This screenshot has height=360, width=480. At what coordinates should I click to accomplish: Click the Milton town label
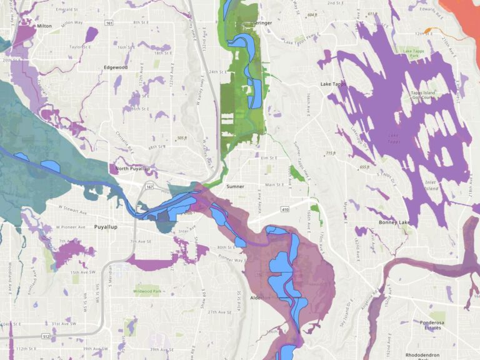click(44, 26)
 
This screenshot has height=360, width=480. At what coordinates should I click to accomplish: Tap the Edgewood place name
click(116, 67)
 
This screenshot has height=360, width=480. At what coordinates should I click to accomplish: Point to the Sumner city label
click(235, 186)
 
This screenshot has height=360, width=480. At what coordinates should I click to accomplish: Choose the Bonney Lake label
click(394, 222)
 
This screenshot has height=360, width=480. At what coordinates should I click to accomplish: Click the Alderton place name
click(261, 298)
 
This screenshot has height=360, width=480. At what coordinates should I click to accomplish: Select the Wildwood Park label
click(147, 291)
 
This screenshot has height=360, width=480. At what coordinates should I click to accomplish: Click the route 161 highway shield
click(110, 22)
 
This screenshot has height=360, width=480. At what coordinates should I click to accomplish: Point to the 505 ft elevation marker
click(182, 137)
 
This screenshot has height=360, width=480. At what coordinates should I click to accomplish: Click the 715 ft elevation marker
click(331, 152)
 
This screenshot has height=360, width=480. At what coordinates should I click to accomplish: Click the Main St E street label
click(274, 184)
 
